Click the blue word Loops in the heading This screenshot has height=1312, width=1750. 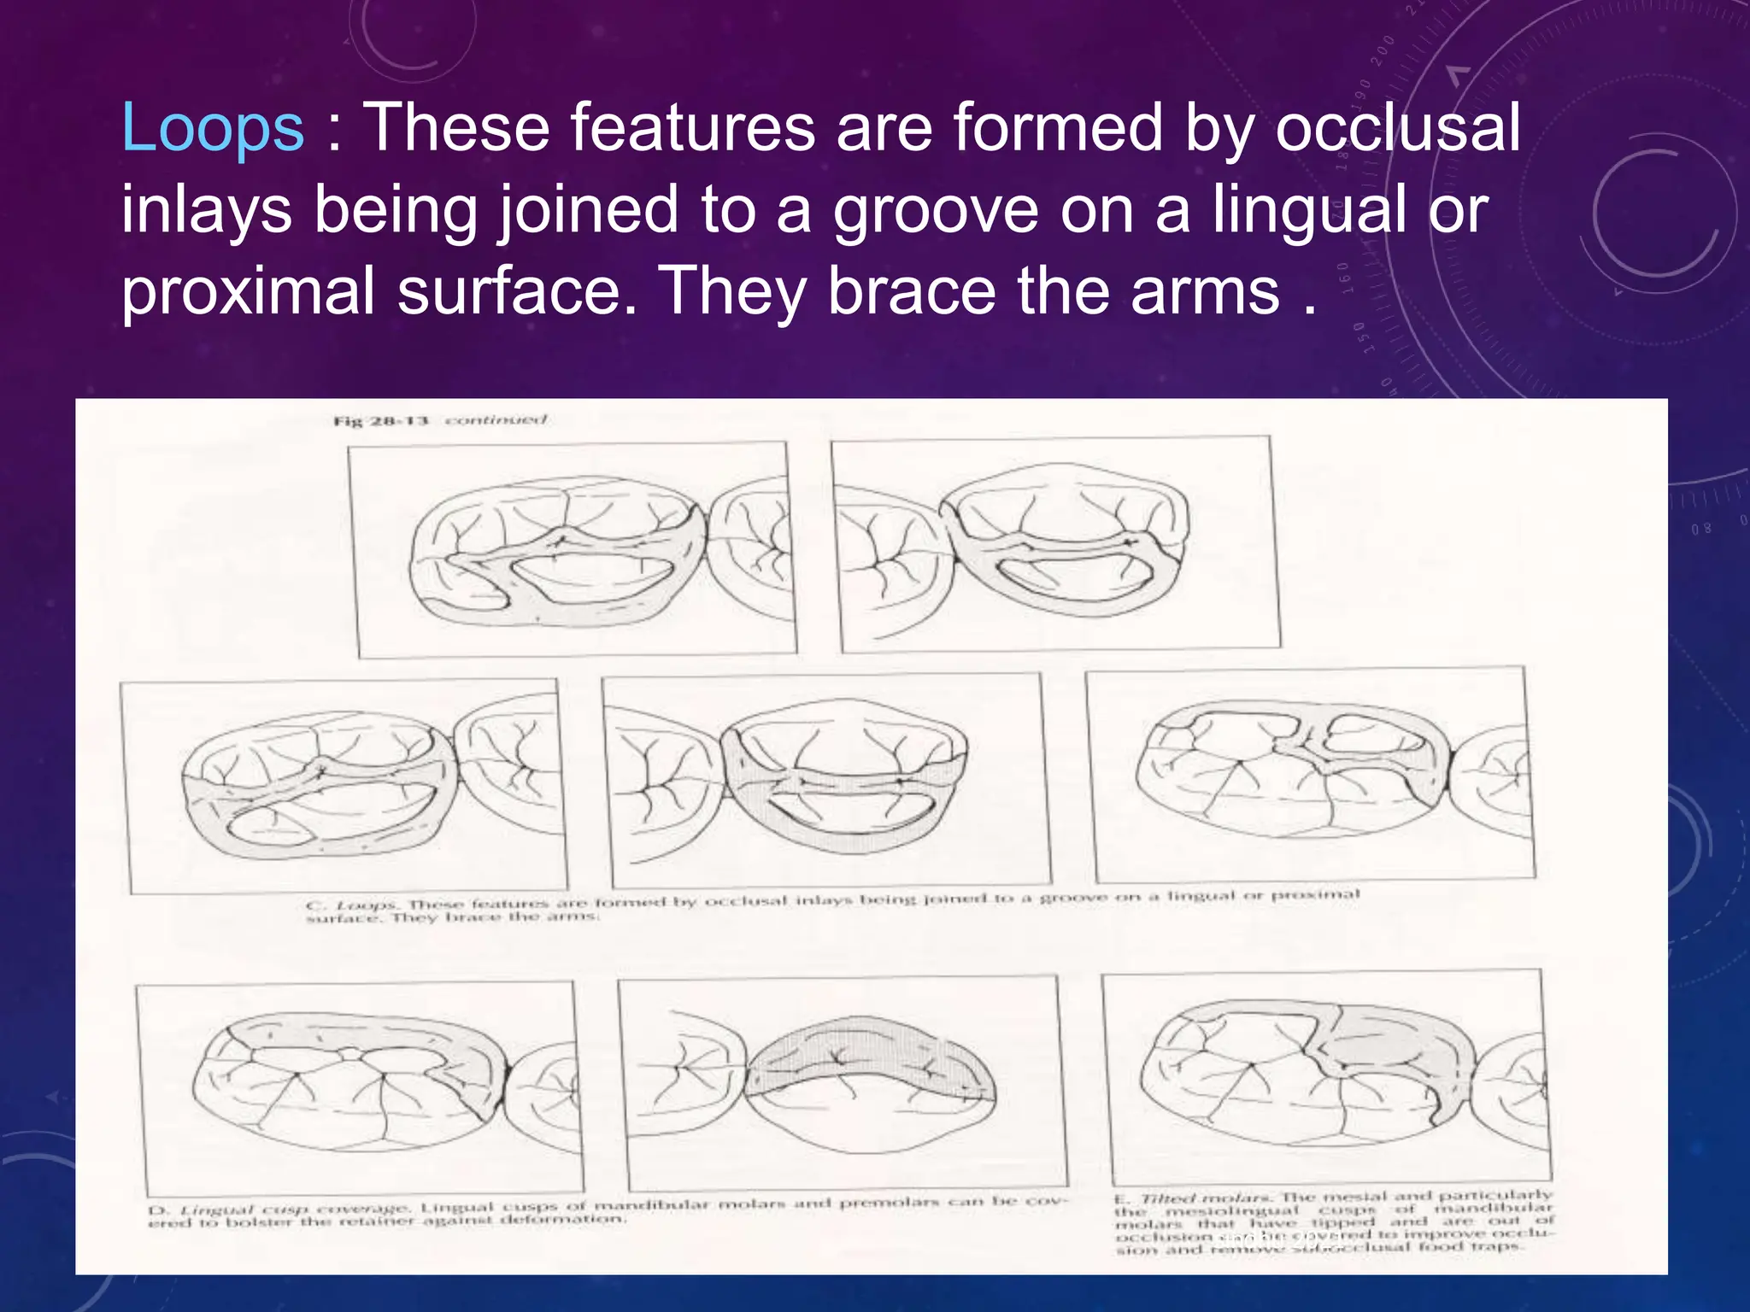pyautogui.click(x=213, y=128)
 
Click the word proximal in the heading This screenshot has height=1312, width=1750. pyautogui.click(x=248, y=292)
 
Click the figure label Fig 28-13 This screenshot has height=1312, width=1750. pyautogui.click(x=380, y=421)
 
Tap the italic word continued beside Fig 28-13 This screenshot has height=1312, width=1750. pyautogui.click(x=496, y=420)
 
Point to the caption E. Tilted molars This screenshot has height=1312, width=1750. pyautogui.click(x=1333, y=1222)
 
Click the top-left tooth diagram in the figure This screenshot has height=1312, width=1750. pyautogui.click(x=573, y=548)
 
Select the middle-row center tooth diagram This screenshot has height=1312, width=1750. pyautogui.click(x=825, y=779)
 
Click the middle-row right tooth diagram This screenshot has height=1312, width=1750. pyautogui.click(x=1307, y=774)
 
